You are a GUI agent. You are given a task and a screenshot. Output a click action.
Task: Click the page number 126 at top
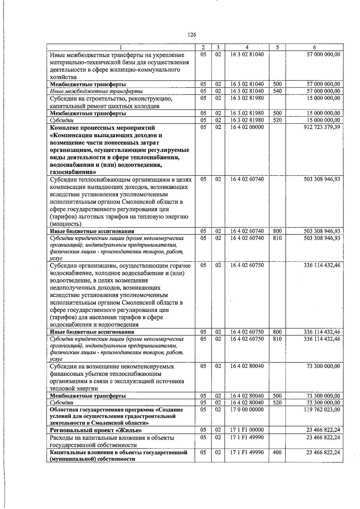click(x=192, y=35)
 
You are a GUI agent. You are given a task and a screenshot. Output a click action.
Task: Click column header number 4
click(x=247, y=47)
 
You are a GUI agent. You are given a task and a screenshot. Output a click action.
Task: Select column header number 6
click(x=314, y=47)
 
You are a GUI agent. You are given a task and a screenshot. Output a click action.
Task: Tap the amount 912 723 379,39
click(x=322, y=127)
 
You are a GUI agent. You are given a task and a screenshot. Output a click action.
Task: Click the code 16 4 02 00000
click(x=247, y=127)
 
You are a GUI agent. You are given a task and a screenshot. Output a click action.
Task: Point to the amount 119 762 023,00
click(x=322, y=410)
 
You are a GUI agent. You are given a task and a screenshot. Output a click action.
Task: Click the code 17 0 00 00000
click(x=247, y=410)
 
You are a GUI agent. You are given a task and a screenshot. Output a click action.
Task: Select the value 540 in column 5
click(x=277, y=91)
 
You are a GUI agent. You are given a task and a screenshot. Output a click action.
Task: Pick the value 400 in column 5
click(x=277, y=452)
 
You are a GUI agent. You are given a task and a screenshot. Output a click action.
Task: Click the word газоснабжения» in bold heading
click(x=73, y=172)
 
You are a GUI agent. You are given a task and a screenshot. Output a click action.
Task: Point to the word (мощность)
click(x=65, y=224)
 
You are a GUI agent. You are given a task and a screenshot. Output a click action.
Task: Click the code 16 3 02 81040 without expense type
click(x=247, y=55)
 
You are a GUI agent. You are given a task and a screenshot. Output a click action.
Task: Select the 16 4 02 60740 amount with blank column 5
click(x=322, y=179)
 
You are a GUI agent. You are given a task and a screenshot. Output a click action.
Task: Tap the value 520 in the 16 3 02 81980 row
click(x=277, y=120)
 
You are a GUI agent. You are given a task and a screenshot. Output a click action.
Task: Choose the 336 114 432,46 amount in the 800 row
click(x=322, y=332)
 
